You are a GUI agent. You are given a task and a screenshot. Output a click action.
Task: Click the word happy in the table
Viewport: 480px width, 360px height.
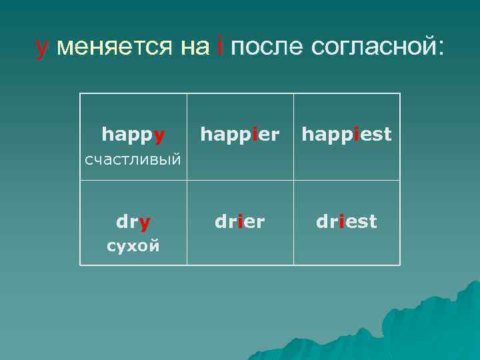pyautogui.click(x=133, y=135)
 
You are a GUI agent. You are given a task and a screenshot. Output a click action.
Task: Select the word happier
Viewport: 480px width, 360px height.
pyautogui.click(x=240, y=135)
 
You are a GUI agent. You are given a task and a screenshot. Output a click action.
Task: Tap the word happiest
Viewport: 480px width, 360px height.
pyautogui.click(x=347, y=135)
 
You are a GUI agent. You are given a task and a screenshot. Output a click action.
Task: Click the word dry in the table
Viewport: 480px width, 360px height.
pyautogui.click(x=133, y=221)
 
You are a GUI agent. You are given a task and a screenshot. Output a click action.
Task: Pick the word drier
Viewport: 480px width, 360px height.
pyautogui.click(x=240, y=221)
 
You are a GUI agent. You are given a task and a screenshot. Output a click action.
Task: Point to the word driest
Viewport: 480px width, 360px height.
pyautogui.click(x=347, y=221)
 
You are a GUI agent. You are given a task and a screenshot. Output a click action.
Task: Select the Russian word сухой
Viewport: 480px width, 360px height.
pyautogui.click(x=133, y=246)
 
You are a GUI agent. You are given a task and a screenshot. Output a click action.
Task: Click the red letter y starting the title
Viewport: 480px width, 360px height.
pyautogui.click(x=42, y=48)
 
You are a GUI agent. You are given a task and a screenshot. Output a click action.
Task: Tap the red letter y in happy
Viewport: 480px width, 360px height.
pyautogui.click(x=159, y=137)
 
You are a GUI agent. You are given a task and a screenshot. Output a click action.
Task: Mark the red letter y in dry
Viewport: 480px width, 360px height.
pyautogui.click(x=145, y=222)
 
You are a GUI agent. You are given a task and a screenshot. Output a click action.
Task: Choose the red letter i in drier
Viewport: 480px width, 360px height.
pyautogui.click(x=239, y=221)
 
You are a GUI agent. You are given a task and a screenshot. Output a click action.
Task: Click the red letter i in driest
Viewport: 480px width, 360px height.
pyautogui.click(x=341, y=221)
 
